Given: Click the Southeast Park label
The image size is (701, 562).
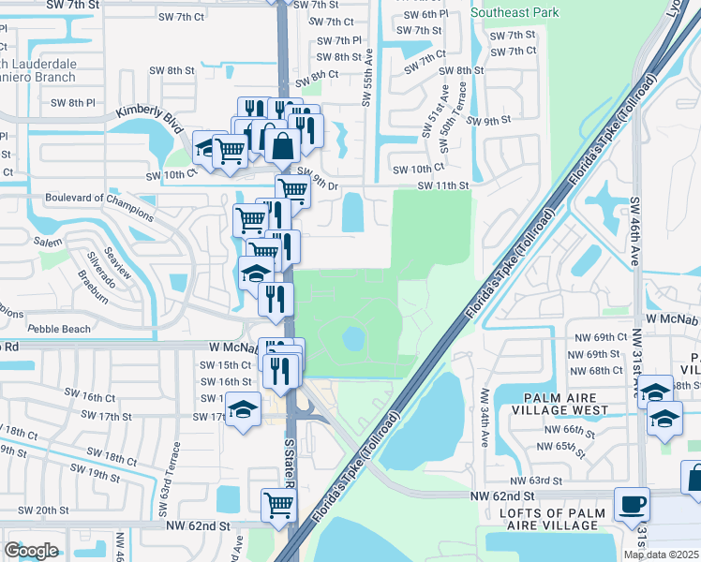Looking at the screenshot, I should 515,12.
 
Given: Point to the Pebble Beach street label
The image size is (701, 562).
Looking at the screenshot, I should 59,329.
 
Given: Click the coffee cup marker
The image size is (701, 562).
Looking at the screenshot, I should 631,505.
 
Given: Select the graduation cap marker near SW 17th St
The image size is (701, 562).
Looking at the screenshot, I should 244,410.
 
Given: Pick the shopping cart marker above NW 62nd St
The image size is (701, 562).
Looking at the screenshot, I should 279,507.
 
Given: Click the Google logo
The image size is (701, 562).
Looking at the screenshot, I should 32,551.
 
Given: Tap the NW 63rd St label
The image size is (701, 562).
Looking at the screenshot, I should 538,480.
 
